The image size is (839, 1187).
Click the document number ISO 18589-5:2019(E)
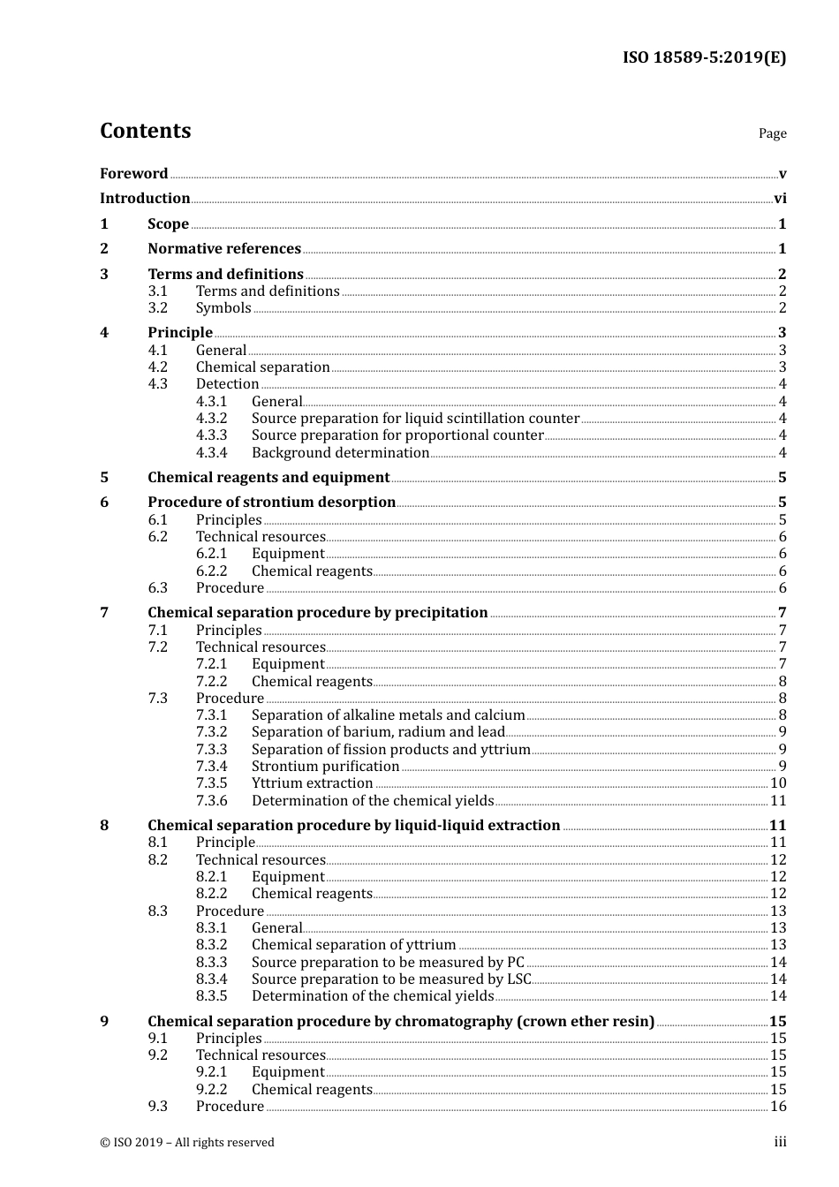click(704, 58)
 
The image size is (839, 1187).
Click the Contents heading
click(145, 131)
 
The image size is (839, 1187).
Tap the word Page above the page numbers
click(772, 133)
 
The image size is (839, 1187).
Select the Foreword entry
click(133, 174)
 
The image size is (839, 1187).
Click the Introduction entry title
click(145, 199)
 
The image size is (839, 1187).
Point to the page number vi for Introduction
click(780, 199)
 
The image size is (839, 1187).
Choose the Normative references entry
click(224, 249)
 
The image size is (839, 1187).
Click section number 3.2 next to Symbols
click(157, 308)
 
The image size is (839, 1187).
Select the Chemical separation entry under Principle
click(262, 367)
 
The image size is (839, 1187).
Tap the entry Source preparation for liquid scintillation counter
click(415, 419)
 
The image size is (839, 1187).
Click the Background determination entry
click(340, 453)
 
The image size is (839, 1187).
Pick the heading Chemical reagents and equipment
click(268, 478)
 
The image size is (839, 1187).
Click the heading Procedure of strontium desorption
click(271, 503)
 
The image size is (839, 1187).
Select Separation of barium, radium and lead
click(378, 732)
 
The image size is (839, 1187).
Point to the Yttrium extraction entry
click(312, 783)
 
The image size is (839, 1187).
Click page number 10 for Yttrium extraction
click(778, 783)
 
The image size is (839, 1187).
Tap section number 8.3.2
click(211, 945)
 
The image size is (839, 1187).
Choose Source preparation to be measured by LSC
click(391, 979)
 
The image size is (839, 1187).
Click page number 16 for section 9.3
click(778, 1107)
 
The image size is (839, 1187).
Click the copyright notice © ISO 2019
click(187, 1143)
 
